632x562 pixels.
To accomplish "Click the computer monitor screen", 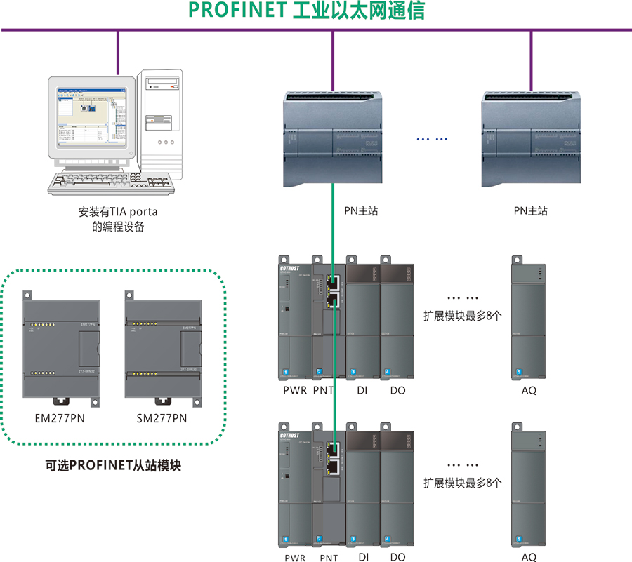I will click(x=91, y=115).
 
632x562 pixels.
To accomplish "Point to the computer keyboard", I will click(x=110, y=183).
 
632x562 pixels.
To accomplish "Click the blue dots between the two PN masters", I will click(x=431, y=139).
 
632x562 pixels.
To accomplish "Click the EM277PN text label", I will click(x=60, y=419).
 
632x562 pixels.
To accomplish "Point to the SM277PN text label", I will click(x=162, y=419).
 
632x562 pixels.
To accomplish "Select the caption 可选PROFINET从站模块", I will click(x=113, y=464).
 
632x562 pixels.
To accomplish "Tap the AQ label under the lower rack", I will click(x=529, y=557).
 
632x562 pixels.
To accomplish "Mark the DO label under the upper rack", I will click(x=397, y=390).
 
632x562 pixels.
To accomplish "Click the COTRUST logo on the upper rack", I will click(x=289, y=268).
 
